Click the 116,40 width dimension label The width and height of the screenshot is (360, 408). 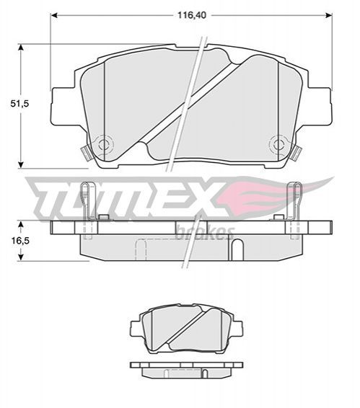coord(192,15)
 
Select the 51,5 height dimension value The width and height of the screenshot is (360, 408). coord(19,104)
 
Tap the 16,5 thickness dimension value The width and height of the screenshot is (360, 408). coord(20,241)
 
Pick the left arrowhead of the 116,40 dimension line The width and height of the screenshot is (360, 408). coord(53,15)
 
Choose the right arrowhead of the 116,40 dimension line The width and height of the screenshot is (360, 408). coord(329,15)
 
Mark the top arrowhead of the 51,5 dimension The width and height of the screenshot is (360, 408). coord(21,48)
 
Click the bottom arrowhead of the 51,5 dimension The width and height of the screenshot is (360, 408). coord(21,164)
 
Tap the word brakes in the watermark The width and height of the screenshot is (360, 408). coord(205,232)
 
